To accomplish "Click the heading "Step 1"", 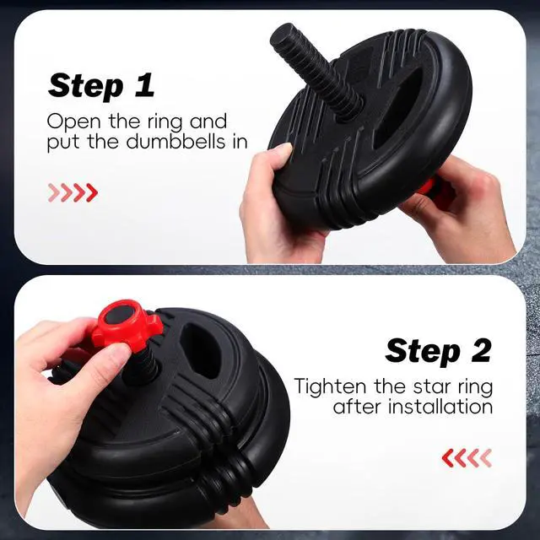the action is point(101,86).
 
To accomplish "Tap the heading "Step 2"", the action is point(438,351).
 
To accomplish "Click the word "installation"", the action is point(440,407).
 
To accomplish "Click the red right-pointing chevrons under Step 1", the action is point(73,192).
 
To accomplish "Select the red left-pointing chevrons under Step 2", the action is point(467,457).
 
